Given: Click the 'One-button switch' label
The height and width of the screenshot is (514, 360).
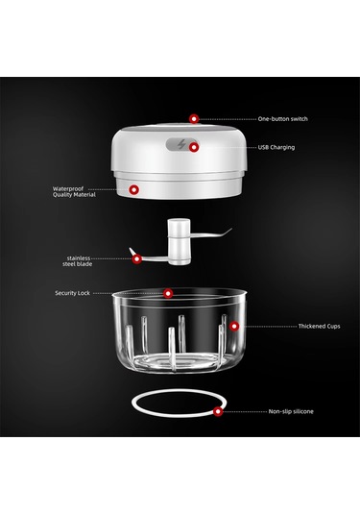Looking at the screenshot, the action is coord(282,119).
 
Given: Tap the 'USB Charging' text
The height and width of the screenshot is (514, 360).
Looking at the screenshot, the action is coord(276,148).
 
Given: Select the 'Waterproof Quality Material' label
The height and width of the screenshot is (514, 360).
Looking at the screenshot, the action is coord(74,192).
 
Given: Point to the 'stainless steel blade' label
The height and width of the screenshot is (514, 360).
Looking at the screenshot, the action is coord(78,261).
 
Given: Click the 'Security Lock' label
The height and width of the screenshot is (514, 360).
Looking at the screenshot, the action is coord(72,293).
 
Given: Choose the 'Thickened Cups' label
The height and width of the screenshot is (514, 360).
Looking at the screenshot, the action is coord(319,326).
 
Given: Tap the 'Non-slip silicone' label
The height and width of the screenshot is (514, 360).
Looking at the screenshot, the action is coord(291,411).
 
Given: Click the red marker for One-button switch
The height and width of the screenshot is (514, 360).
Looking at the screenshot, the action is coord(194,119).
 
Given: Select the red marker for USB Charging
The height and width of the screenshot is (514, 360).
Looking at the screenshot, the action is coord(194,148).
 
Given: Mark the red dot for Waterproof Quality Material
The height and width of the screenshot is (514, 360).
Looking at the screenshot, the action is coord(133,189).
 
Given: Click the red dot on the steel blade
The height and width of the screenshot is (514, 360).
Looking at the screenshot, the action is coord(137,259).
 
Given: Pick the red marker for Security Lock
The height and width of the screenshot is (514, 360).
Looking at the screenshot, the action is coord(168,293).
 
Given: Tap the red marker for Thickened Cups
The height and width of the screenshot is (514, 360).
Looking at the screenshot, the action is coord(234,326).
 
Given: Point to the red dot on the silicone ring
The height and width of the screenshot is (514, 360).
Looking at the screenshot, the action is coord(218,411).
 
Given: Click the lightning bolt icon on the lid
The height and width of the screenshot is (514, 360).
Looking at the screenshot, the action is coord(181,144).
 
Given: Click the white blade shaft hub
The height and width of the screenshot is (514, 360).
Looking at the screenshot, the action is coord(179,241).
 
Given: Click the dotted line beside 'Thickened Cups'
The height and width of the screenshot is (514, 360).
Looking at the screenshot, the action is coord(271,327).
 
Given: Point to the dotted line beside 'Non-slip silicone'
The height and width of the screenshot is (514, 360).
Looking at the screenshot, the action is coord(245,411).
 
